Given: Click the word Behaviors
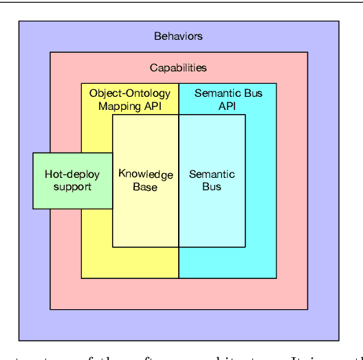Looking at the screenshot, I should [178, 36].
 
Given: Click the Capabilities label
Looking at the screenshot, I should [178, 67].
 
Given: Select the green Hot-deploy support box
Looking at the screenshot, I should [72, 180].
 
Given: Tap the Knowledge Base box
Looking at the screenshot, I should [145, 181].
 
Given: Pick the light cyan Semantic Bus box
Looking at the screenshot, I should [212, 180].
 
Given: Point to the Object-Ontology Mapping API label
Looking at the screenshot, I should [130, 100].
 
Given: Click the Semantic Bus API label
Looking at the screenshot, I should [228, 100].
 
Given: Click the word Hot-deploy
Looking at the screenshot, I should [72, 175].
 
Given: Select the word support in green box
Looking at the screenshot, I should [72, 187].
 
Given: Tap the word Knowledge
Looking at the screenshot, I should [145, 175].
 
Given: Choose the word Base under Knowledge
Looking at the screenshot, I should [145, 187].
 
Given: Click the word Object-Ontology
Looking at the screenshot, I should [130, 93].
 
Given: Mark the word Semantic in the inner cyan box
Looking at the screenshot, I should [212, 175].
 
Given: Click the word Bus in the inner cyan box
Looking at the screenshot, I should [212, 187].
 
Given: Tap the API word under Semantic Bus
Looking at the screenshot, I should [228, 106].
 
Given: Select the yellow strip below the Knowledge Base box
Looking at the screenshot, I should [130, 262].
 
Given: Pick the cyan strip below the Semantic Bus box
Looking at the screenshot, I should [228, 262].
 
